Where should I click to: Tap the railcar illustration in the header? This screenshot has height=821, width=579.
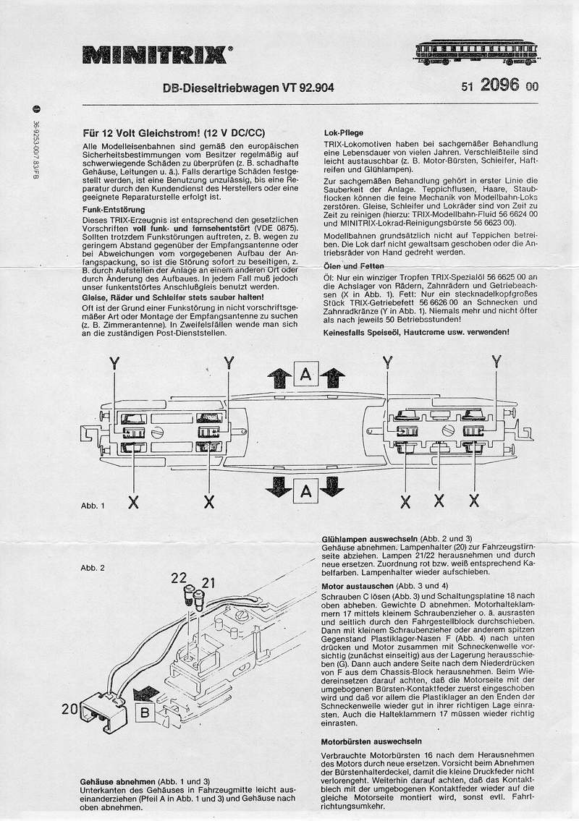[x=477, y=51]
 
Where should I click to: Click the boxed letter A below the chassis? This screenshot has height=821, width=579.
[x=305, y=493]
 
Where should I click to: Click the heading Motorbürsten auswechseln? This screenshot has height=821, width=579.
[x=371, y=742]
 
